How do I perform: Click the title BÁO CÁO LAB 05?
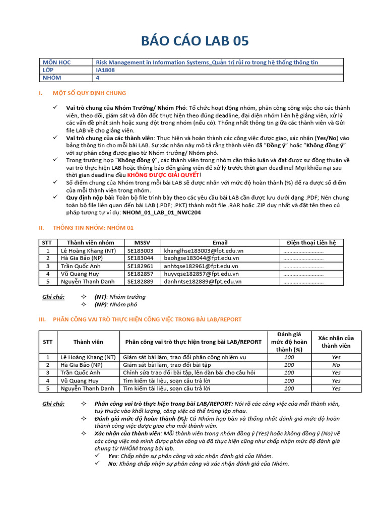point(193,41)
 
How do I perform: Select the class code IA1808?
point(105,70)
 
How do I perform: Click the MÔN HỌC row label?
point(57,62)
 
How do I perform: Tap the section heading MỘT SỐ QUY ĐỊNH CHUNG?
point(90,93)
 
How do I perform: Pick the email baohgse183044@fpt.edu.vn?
point(204,258)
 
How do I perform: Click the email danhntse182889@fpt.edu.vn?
point(203,282)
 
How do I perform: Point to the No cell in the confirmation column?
point(336,365)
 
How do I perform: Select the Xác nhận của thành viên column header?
point(336,342)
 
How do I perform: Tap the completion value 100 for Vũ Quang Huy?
point(289,380)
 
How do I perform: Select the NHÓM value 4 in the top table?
point(98,78)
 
